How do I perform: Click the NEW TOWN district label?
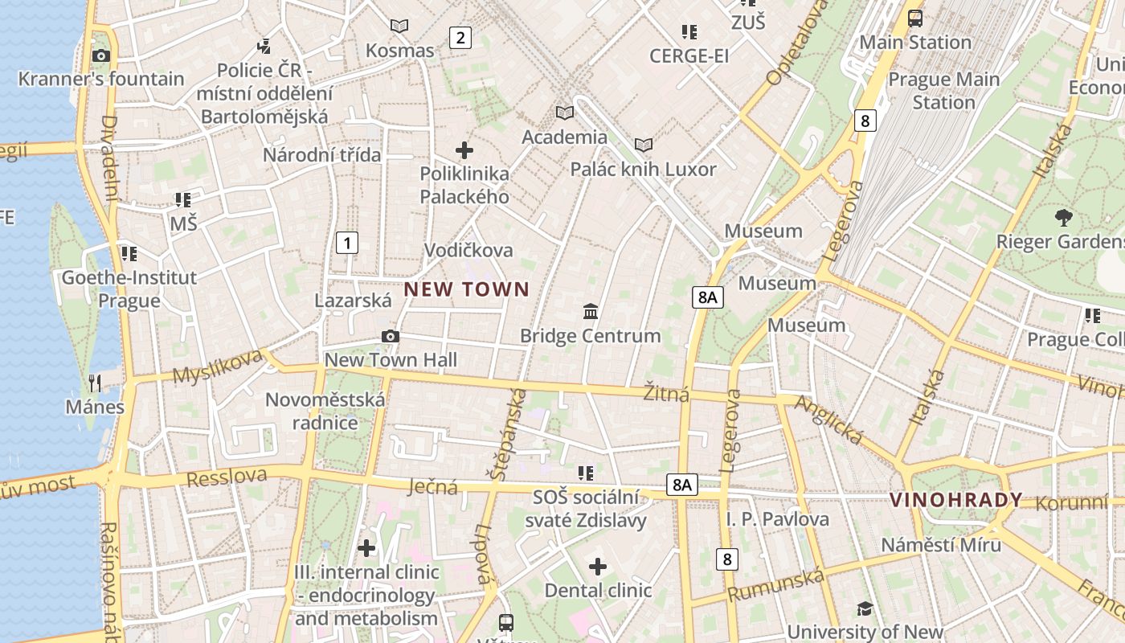tap(466, 289)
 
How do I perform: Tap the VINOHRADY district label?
tap(955, 500)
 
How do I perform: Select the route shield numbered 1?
tap(346, 242)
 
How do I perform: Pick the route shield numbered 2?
tap(460, 37)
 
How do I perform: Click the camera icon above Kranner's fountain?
tap(101, 55)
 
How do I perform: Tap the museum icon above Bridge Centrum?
tap(591, 311)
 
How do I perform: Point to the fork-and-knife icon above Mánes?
tap(95, 383)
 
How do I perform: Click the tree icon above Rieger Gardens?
tap(1063, 216)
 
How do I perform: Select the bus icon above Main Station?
tap(914, 18)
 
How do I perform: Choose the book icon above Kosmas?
tap(399, 27)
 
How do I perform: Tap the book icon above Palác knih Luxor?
tap(643, 145)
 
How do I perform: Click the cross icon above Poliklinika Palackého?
tap(464, 149)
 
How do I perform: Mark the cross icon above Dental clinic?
tap(597, 567)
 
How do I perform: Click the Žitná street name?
tap(667, 393)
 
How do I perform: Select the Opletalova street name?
tap(796, 44)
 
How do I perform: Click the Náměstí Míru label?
tap(941, 544)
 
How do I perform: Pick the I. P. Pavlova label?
tap(777, 518)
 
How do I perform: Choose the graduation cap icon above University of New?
tap(865, 608)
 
